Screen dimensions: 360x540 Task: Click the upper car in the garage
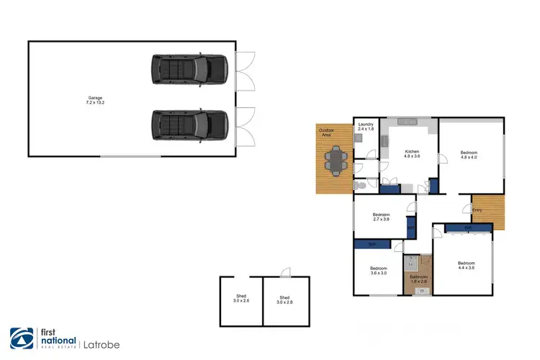[189, 69]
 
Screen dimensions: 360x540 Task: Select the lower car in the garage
[189, 125]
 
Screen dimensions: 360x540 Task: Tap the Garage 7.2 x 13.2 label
[96, 100]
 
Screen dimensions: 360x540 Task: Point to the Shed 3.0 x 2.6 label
[241, 299]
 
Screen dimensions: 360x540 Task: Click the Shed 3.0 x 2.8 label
[284, 299]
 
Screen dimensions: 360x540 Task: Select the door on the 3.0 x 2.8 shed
[287, 272]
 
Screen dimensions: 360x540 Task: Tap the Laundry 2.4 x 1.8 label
[365, 127]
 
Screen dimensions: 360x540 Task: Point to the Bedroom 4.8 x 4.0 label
[469, 155]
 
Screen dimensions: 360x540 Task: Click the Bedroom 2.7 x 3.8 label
[381, 217]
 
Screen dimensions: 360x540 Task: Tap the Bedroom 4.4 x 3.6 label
[467, 265]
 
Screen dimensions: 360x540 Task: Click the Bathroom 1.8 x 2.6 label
[418, 279]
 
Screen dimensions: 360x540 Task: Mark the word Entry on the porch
[476, 210]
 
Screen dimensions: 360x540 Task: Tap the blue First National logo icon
[19, 338]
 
